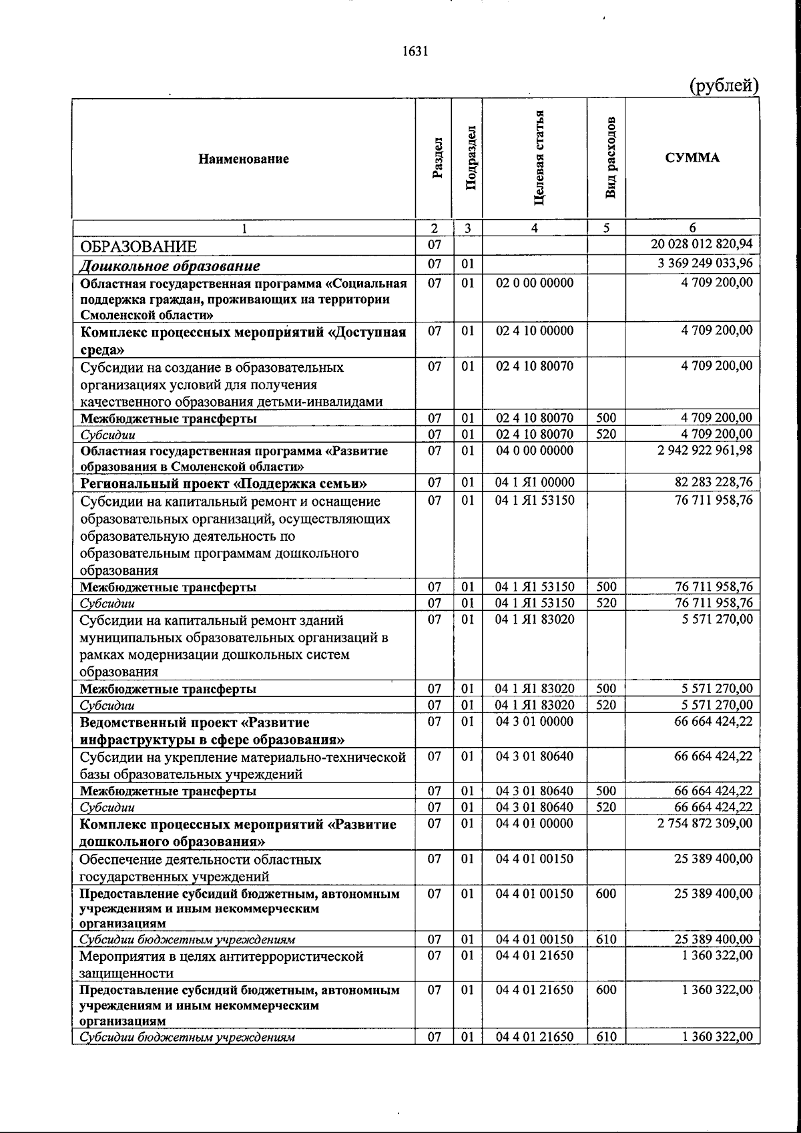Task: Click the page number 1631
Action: click(x=415, y=51)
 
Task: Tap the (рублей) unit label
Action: click(x=723, y=85)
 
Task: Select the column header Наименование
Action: click(x=244, y=159)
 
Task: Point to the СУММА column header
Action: click(x=692, y=158)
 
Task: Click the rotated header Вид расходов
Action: click(x=611, y=159)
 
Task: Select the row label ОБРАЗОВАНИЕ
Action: click(x=139, y=246)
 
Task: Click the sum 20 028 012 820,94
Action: click(x=702, y=245)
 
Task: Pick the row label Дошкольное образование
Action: click(x=170, y=266)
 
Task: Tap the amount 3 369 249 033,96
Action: click(x=705, y=263)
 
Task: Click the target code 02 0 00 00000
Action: click(x=534, y=282)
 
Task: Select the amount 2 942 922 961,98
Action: click(x=705, y=450)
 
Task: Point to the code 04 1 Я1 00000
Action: click(x=534, y=482)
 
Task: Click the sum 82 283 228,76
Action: click(x=714, y=482)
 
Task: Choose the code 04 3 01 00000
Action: click(x=534, y=722)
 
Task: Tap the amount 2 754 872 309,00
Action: click(x=705, y=824)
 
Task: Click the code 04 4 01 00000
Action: click(x=534, y=824)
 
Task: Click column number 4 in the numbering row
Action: click(x=534, y=228)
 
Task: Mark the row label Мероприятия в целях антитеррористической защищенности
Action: click(x=222, y=965)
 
